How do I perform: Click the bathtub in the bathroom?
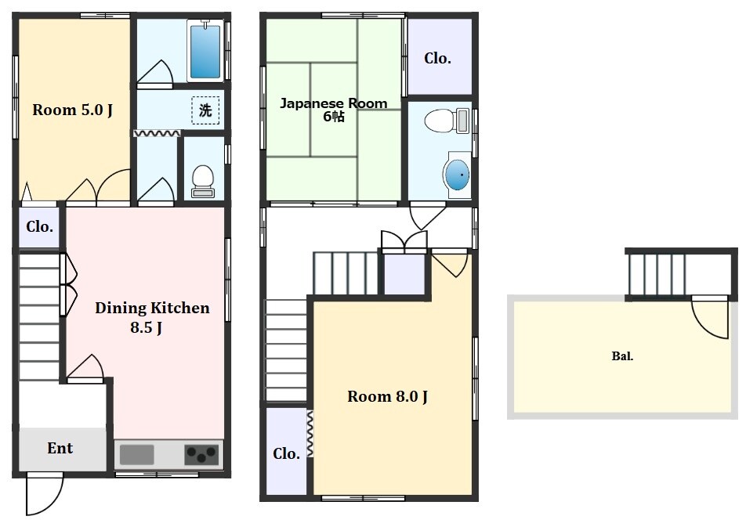pyautogui.click(x=205, y=50)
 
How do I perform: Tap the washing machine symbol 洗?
pyautogui.click(x=205, y=110)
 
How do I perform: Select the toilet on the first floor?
pyautogui.click(x=203, y=181)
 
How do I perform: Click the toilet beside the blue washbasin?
pyautogui.click(x=447, y=121)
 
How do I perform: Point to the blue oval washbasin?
pyautogui.click(x=457, y=175)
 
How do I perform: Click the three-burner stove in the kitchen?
pyautogui.click(x=202, y=454)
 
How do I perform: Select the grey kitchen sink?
pyautogui.click(x=137, y=454)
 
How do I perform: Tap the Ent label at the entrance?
pyautogui.click(x=60, y=448)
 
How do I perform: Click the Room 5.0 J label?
pyautogui.click(x=72, y=110)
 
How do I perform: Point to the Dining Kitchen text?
pyautogui.click(x=152, y=308)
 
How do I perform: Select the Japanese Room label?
pyautogui.click(x=334, y=103)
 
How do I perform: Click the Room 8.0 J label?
pyautogui.click(x=387, y=396)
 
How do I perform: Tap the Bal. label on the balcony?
pyautogui.click(x=622, y=356)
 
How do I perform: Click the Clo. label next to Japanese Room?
pyautogui.click(x=437, y=59)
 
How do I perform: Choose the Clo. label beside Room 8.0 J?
pyautogui.click(x=287, y=453)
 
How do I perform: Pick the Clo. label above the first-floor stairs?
pyautogui.click(x=39, y=227)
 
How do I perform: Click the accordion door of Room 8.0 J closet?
pyautogui.click(x=310, y=434)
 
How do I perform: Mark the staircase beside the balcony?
pyautogui.click(x=656, y=275)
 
